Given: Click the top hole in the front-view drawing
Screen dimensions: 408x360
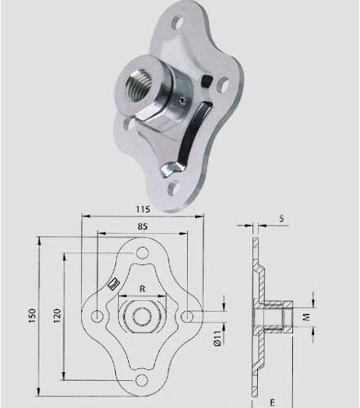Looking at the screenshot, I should [x=142, y=254].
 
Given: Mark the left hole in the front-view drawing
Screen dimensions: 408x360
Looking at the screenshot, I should [x=98, y=316].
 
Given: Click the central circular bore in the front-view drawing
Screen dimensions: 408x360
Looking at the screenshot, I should [x=142, y=316].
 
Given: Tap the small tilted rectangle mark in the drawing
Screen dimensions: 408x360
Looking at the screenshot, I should [x=115, y=283].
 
